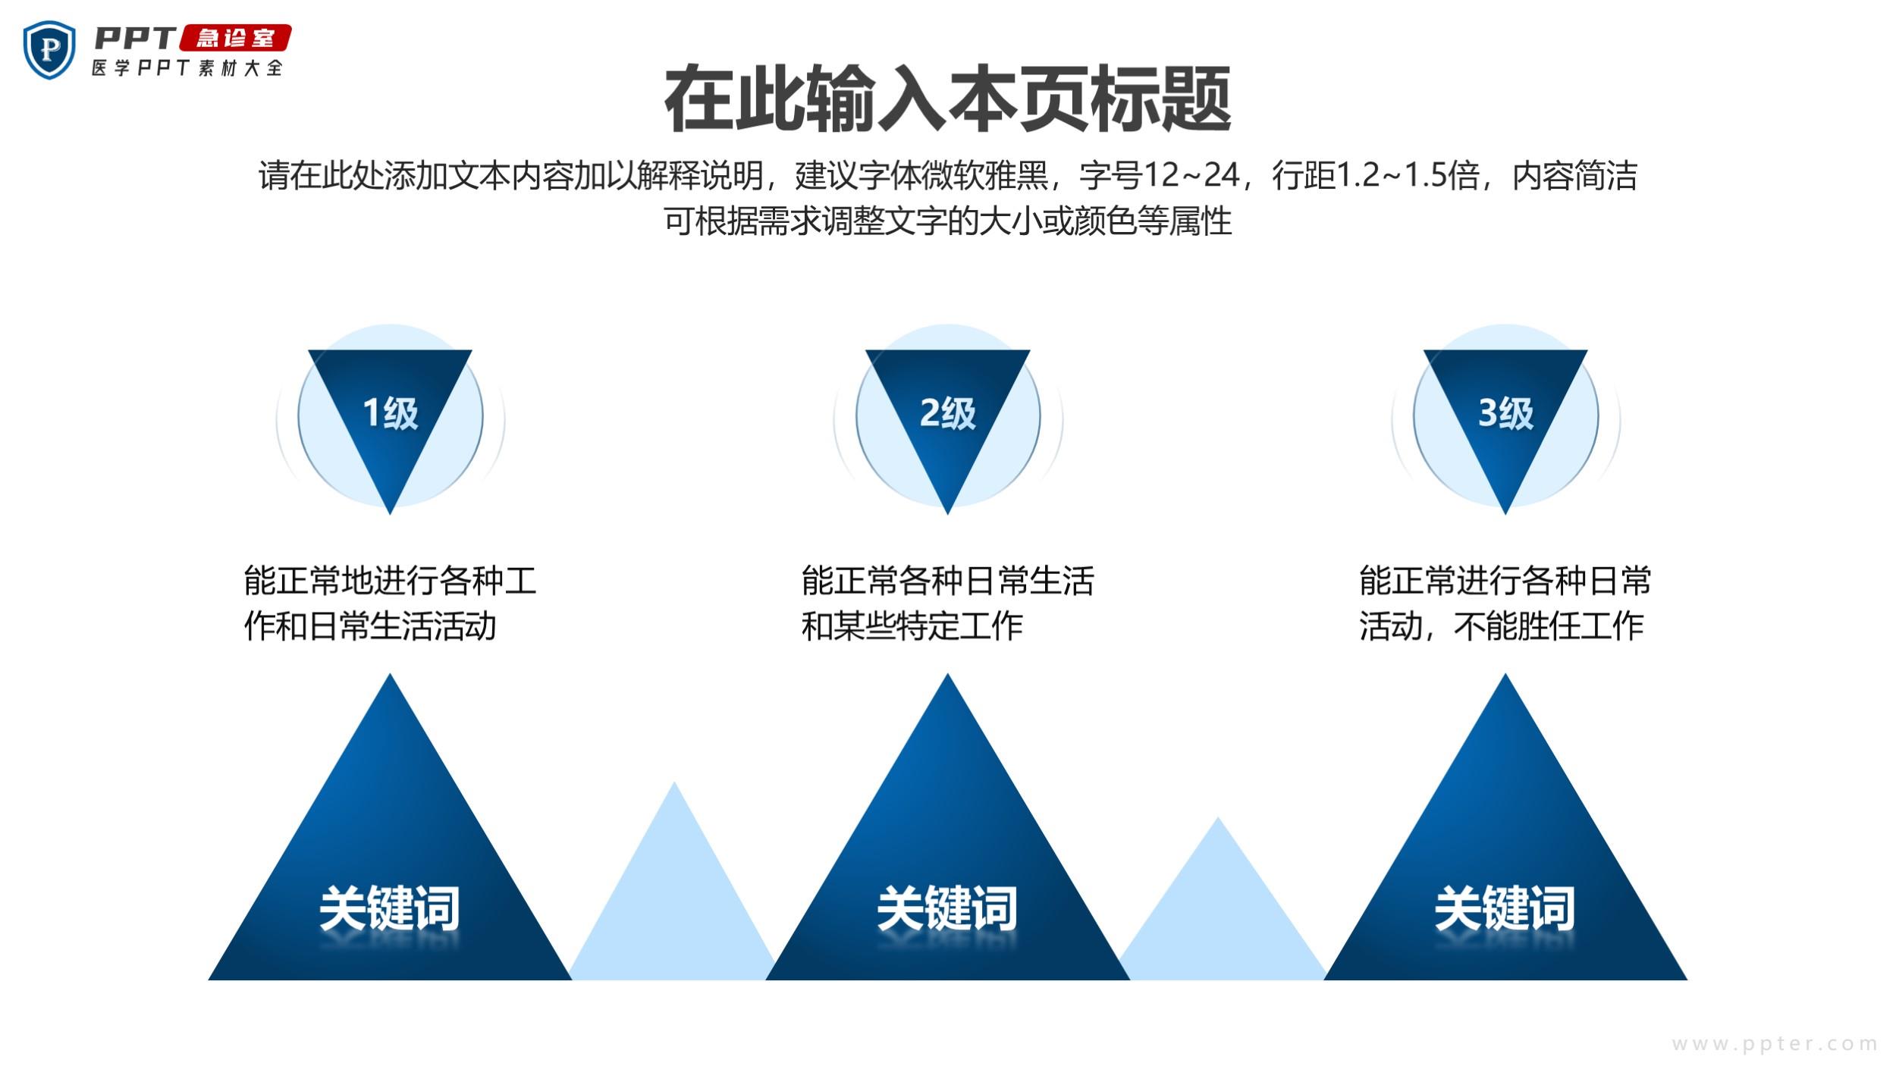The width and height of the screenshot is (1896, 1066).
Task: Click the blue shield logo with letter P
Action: click(49, 50)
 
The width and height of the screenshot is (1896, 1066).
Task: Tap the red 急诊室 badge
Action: click(235, 38)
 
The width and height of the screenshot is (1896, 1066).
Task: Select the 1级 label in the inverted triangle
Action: click(390, 413)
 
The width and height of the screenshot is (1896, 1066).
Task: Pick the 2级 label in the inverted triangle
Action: click(947, 413)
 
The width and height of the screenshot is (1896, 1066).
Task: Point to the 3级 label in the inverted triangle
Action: click(1505, 413)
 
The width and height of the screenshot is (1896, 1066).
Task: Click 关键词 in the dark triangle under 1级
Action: click(390, 908)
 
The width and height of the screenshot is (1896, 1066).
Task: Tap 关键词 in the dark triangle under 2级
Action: click(947, 908)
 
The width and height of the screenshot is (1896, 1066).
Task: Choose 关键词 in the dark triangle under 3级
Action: click(1505, 908)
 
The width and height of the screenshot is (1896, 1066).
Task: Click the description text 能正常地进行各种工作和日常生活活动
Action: click(390, 604)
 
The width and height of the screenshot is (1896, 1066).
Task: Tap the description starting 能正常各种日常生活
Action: click(947, 604)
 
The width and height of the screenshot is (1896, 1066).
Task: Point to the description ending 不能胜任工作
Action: click(1505, 604)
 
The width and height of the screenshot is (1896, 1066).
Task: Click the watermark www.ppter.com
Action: click(1775, 1044)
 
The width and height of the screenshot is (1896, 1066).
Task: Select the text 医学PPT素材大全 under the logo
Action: click(187, 67)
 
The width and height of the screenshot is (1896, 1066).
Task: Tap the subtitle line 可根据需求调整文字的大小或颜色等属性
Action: click(947, 221)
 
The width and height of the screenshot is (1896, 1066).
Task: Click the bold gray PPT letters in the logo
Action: click(135, 38)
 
